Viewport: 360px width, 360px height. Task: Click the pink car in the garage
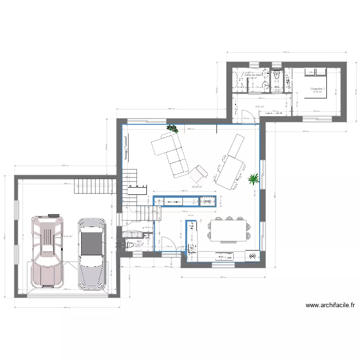coord(47,252)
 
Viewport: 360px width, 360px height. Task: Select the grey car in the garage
coord(91,254)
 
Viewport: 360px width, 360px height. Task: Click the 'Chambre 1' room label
coord(317,89)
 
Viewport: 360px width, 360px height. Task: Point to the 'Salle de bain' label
coord(253,75)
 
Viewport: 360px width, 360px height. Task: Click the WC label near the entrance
coord(139,241)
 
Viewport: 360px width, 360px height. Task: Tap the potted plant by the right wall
coord(252,180)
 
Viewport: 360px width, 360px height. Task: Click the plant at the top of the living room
coord(172,128)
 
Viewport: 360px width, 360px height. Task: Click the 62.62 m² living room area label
coord(197,187)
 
